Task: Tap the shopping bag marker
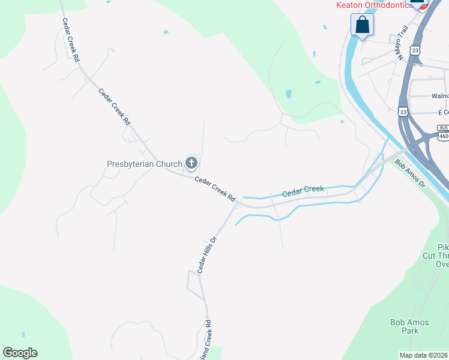click(x=362, y=25)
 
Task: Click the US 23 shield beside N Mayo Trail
click(x=415, y=51)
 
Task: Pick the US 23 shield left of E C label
click(x=403, y=112)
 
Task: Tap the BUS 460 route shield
click(x=443, y=132)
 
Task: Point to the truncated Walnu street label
click(x=440, y=95)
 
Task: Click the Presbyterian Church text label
click(x=144, y=164)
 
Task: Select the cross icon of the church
click(x=191, y=163)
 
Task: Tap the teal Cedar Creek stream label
click(x=303, y=191)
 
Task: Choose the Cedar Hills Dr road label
click(x=206, y=254)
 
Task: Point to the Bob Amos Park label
click(x=409, y=326)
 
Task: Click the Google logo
click(x=20, y=353)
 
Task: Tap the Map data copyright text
click(x=424, y=355)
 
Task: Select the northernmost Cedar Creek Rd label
click(x=71, y=40)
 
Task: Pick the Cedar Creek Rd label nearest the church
click(x=214, y=189)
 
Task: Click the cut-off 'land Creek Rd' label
click(x=208, y=339)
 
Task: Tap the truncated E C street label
click(x=443, y=112)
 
